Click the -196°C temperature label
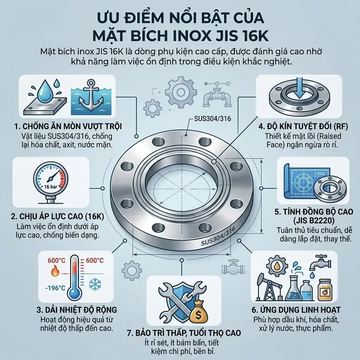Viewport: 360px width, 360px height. (56, 288)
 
